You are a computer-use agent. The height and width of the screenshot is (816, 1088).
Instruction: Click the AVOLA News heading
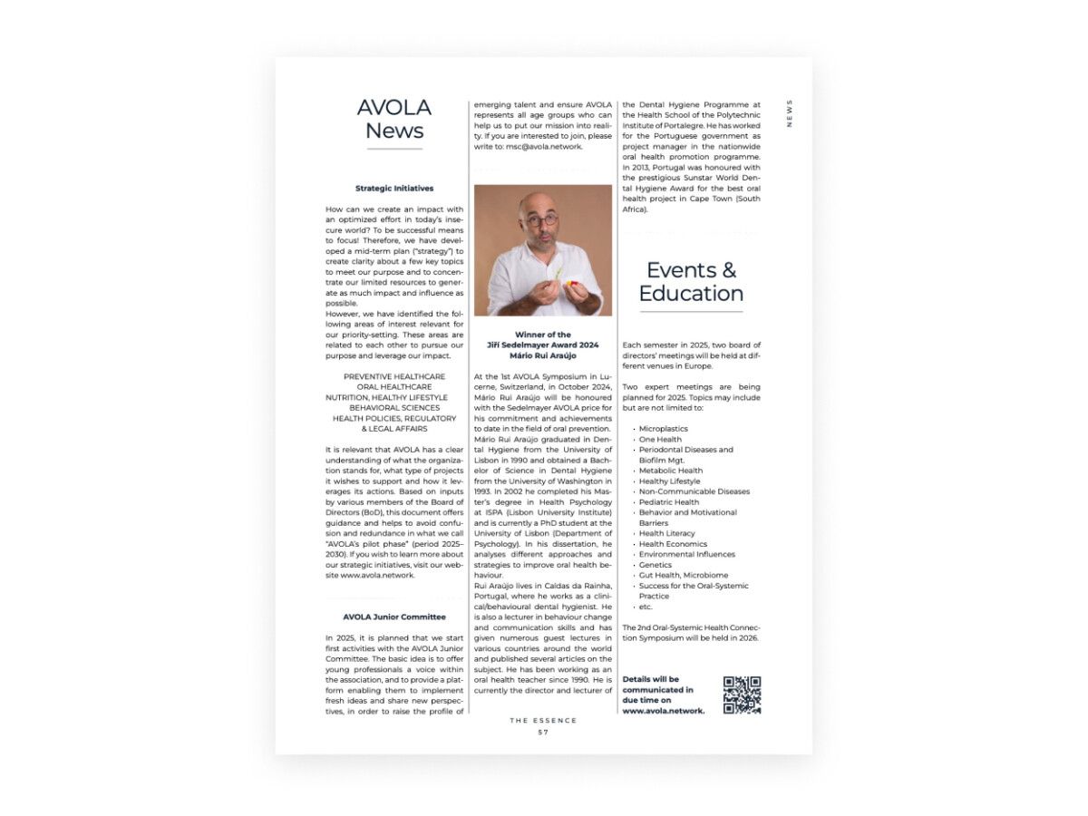(x=394, y=119)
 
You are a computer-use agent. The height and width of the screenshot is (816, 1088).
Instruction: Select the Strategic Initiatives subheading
(x=394, y=189)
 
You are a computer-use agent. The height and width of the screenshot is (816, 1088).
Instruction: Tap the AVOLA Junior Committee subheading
(x=394, y=617)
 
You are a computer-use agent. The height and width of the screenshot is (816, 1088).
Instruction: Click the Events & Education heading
(x=691, y=282)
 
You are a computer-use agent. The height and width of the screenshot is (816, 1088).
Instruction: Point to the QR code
(x=742, y=695)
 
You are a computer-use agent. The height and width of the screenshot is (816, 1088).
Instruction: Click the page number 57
(x=543, y=732)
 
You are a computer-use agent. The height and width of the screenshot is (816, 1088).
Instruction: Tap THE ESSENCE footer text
(x=543, y=721)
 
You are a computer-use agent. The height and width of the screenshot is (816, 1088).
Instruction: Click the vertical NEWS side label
(x=790, y=113)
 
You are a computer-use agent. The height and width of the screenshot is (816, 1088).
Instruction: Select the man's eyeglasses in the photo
(x=541, y=219)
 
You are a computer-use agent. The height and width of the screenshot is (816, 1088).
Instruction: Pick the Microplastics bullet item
(x=663, y=429)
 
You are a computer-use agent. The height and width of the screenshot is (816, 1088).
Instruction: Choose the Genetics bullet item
(x=656, y=565)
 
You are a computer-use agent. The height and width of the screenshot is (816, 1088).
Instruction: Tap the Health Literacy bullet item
(x=666, y=533)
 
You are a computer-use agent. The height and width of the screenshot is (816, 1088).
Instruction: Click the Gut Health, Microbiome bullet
(x=683, y=576)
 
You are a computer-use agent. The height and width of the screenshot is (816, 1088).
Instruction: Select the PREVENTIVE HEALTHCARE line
(x=394, y=376)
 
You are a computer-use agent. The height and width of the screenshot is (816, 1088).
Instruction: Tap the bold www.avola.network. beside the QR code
(x=664, y=712)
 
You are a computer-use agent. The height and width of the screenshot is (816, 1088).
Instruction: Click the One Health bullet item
(x=660, y=440)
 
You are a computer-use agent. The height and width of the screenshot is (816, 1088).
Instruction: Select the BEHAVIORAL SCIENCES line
(x=394, y=408)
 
